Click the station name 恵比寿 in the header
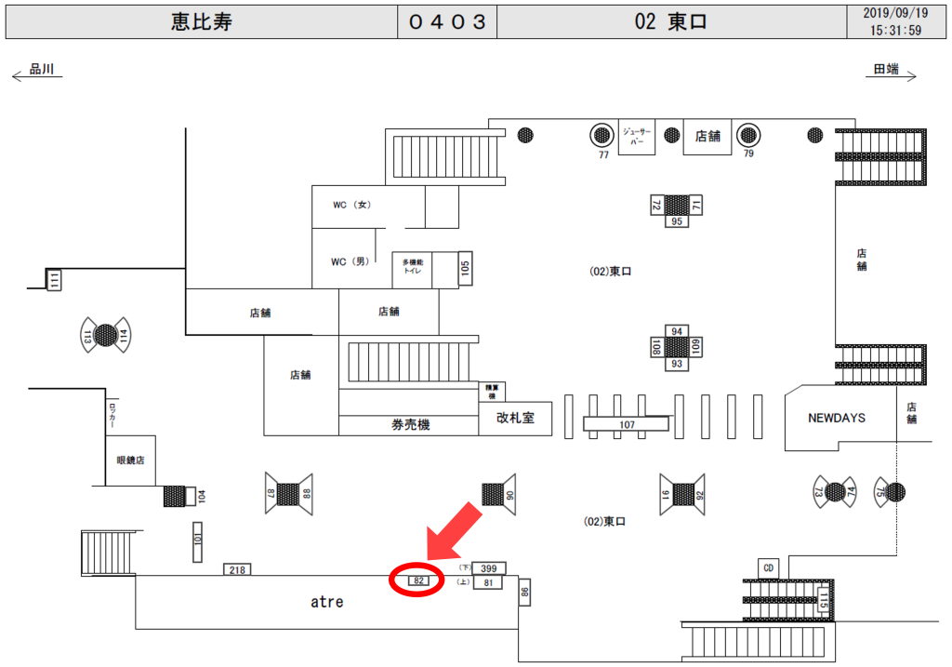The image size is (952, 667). tap(201, 22)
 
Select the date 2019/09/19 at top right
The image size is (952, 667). tap(895, 14)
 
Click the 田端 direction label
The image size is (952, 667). tap(886, 69)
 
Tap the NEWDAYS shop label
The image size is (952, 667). tap(837, 418)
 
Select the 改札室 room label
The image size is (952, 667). tap(515, 419)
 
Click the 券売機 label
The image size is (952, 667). tap(410, 425)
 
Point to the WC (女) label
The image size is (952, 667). tap(352, 205)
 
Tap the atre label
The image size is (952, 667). tap(326, 602)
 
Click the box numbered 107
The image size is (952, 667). tap(626, 424)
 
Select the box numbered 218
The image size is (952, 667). tap(237, 569)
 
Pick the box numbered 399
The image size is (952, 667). tap(489, 567)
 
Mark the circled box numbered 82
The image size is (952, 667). tap(418, 580)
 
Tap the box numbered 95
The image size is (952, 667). tap(676, 221)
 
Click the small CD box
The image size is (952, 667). tap(768, 567)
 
